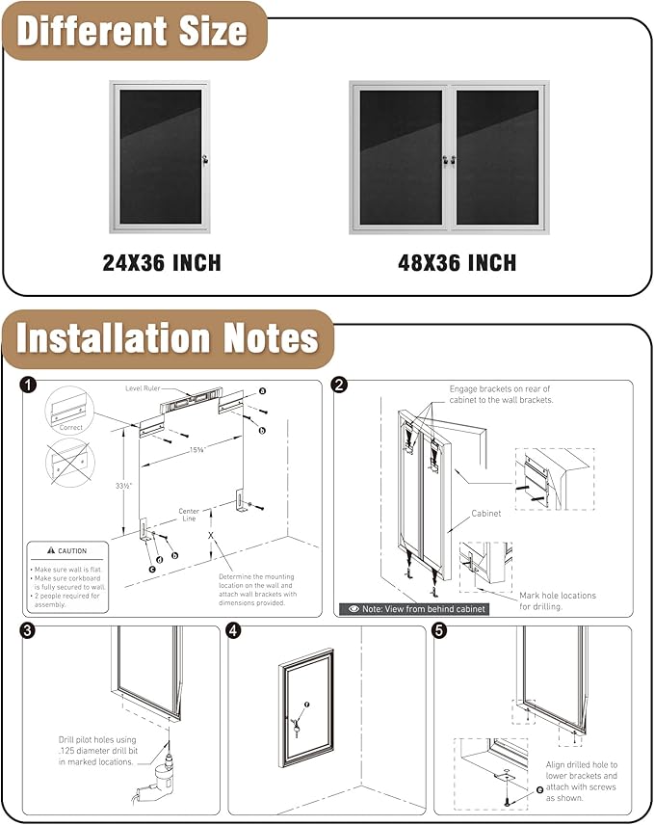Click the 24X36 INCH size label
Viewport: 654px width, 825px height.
(162, 262)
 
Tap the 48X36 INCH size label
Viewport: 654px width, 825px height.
(457, 262)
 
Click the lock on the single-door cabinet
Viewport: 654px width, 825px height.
(205, 157)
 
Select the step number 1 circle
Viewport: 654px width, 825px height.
(29, 386)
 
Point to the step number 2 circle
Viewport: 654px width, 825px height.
(339, 386)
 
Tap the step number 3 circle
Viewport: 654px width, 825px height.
(29, 631)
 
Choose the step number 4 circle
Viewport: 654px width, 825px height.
(234, 631)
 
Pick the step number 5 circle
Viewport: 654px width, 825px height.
(440, 631)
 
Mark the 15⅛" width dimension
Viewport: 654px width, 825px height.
(196, 449)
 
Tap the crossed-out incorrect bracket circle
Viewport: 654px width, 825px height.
(68, 463)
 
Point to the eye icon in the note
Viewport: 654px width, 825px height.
(354, 609)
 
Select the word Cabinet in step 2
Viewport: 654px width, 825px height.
(485, 514)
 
